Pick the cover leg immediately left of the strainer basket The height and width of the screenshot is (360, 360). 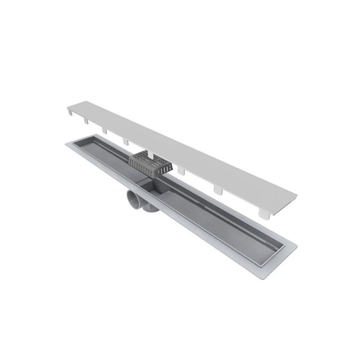(x=125, y=142)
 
